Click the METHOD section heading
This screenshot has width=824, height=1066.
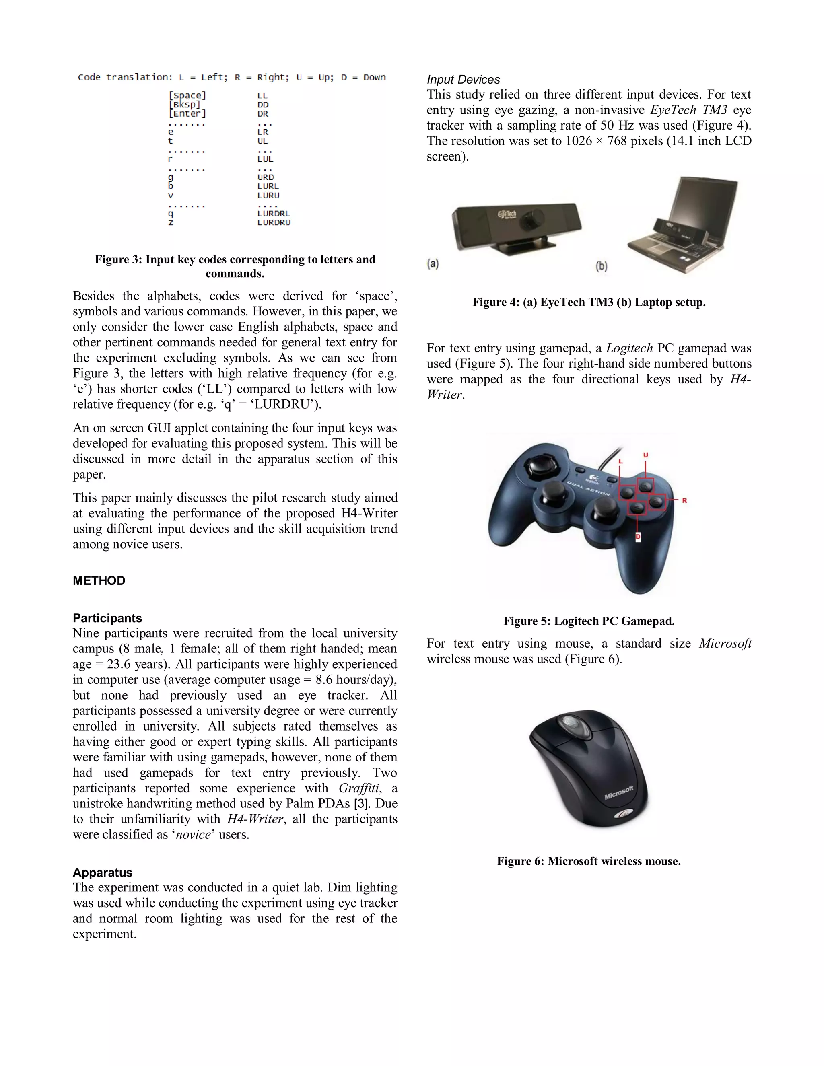click(x=99, y=581)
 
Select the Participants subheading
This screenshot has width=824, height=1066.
click(x=107, y=618)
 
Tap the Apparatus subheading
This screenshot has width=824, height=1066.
click(x=103, y=873)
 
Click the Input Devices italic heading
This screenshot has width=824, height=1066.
click(x=463, y=80)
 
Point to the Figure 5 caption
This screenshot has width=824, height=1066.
click(x=589, y=621)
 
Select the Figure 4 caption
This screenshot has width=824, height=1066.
click(x=589, y=303)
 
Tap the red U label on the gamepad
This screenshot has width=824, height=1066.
click(x=645, y=455)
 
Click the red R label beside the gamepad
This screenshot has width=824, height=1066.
click(x=684, y=500)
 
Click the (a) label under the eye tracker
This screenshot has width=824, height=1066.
click(x=433, y=264)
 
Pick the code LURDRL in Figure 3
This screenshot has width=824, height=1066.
click(x=273, y=214)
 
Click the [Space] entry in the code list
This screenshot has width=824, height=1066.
click(x=187, y=96)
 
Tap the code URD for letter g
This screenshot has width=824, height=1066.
click(x=266, y=177)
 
